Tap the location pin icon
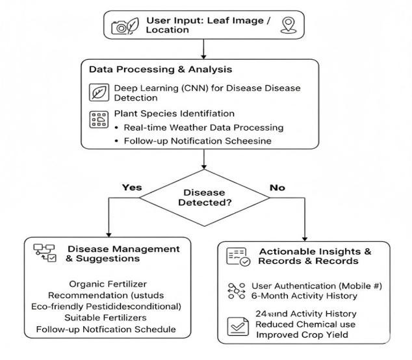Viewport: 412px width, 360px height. pos(287,25)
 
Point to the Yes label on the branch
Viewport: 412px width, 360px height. pos(132,187)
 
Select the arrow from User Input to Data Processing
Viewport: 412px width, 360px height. pos(204,48)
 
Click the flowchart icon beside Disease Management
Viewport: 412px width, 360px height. pos(45,255)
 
